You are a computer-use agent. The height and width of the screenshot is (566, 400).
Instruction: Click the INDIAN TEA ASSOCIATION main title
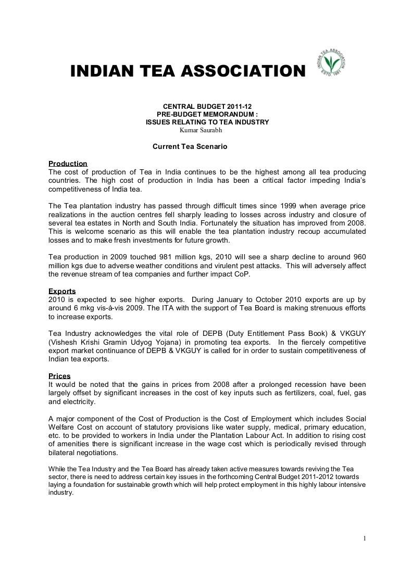186,71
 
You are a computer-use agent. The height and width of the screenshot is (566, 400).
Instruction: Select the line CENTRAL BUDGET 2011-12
207,106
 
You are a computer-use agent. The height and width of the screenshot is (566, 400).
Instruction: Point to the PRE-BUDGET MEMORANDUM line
207,114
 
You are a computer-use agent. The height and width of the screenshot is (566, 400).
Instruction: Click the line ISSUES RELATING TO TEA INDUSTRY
207,122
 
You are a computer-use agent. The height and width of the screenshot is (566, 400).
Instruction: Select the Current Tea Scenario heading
190,147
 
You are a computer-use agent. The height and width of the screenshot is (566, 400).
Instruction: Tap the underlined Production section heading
67,164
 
